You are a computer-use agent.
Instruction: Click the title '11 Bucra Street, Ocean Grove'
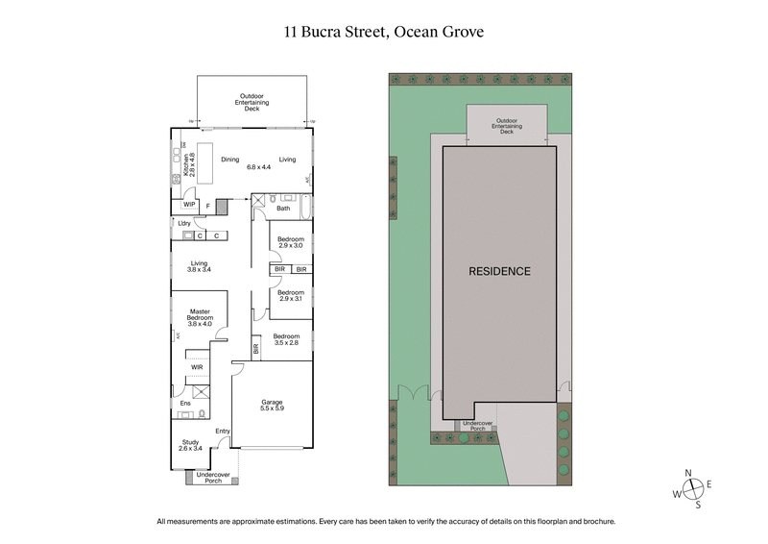(383, 31)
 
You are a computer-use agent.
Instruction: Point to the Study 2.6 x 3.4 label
(190, 445)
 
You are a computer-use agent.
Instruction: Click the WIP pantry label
(189, 204)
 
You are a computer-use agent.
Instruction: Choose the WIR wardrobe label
(197, 366)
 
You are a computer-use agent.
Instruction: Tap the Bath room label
(283, 208)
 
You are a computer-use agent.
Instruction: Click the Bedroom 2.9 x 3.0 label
(291, 242)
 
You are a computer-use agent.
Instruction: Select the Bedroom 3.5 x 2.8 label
(286, 339)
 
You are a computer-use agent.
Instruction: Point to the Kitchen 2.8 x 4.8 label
(190, 168)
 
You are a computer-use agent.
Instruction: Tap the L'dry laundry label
(183, 223)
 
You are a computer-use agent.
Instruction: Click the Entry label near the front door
(223, 432)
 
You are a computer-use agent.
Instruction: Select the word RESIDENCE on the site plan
(499, 271)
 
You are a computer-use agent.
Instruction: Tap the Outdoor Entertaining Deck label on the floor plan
(252, 102)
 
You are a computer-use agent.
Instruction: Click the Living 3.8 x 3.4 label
(200, 266)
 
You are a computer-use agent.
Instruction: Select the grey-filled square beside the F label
(223, 206)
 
